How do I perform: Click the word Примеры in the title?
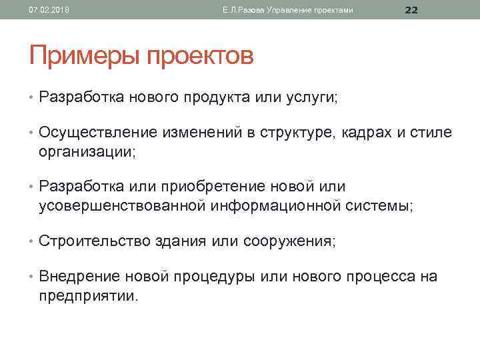click(x=81, y=56)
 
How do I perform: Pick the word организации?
click(x=85, y=151)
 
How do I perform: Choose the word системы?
click(x=379, y=206)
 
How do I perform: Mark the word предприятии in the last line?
click(x=87, y=295)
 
